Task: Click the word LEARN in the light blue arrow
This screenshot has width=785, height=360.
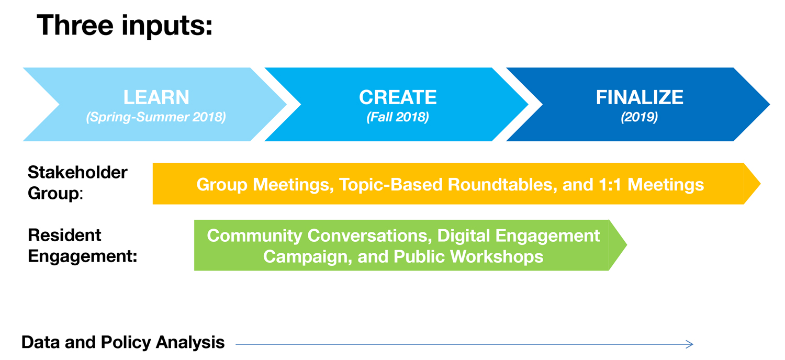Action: click(x=156, y=97)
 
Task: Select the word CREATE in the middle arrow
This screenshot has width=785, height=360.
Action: click(x=398, y=97)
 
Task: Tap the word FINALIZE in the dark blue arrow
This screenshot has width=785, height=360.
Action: click(x=640, y=97)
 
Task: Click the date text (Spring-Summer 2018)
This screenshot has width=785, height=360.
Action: click(x=156, y=117)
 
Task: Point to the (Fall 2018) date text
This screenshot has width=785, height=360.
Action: click(x=398, y=117)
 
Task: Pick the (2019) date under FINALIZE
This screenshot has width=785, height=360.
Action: click(x=640, y=117)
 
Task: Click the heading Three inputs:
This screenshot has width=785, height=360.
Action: click(x=125, y=26)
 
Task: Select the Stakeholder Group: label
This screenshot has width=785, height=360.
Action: click(x=77, y=183)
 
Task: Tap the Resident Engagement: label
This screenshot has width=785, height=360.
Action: click(x=82, y=245)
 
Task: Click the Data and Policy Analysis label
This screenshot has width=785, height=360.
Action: click(x=123, y=342)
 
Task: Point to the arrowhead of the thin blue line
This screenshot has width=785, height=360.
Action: click(x=690, y=344)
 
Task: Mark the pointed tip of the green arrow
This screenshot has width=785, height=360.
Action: click(x=626, y=245)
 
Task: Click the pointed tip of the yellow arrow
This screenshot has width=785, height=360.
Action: click(x=760, y=184)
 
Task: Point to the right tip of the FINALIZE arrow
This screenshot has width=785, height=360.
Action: click(x=770, y=104)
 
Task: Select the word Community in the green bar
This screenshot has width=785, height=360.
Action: click(x=254, y=235)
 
